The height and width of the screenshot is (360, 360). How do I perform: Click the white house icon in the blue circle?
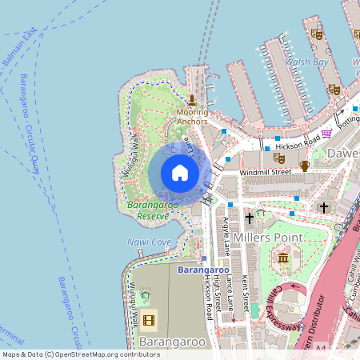pos(180,173)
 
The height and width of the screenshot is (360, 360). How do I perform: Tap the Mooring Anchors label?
pos(192,117)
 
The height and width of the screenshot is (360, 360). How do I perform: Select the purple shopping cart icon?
pos(326,134)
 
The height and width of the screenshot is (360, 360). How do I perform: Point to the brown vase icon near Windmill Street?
pos(304,166)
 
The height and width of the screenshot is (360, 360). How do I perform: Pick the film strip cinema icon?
pos(150,321)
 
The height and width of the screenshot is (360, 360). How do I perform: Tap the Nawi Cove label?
pos(149,242)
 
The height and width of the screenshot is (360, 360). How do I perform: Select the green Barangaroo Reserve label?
pos(149,210)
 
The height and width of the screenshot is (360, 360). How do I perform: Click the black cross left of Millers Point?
pos(249,218)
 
